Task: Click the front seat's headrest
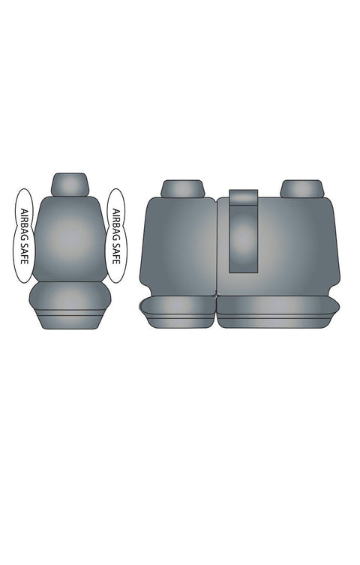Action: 70,185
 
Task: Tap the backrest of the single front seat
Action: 70,239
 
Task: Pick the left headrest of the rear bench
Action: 182,189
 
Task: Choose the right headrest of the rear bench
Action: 302,189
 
